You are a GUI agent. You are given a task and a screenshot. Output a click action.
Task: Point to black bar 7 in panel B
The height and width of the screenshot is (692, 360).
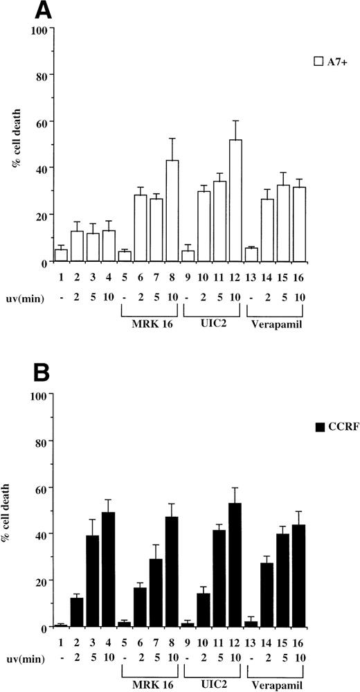pyautogui.click(x=156, y=592)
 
